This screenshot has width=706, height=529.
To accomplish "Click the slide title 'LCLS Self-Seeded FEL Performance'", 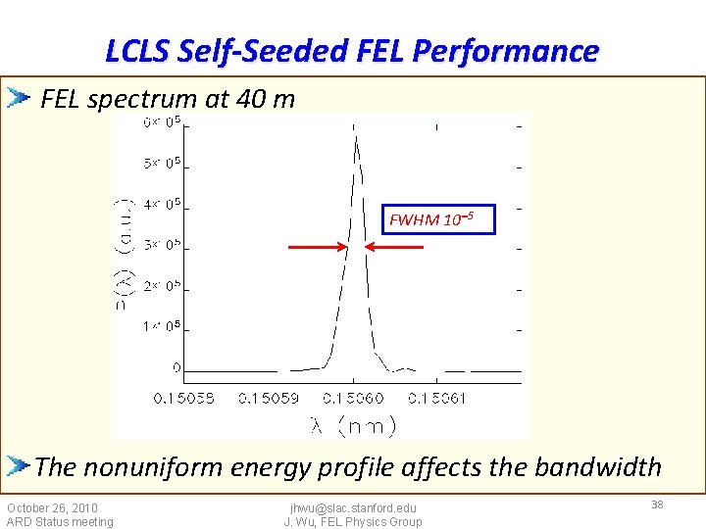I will (352, 50).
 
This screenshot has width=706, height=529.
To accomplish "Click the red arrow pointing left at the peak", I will (394, 248).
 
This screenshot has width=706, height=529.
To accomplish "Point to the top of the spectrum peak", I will (356, 137).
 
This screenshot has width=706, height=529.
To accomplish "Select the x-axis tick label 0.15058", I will (183, 398).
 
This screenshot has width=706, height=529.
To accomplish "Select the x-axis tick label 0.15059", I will (270, 398).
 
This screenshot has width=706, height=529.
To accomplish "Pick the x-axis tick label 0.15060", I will (354, 398).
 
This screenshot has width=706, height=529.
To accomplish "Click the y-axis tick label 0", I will (176, 367).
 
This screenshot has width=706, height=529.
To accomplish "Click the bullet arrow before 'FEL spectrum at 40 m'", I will (19, 98).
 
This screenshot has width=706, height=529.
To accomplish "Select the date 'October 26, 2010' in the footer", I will (52, 507).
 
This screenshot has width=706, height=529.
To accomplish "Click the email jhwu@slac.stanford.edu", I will (353, 507).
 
